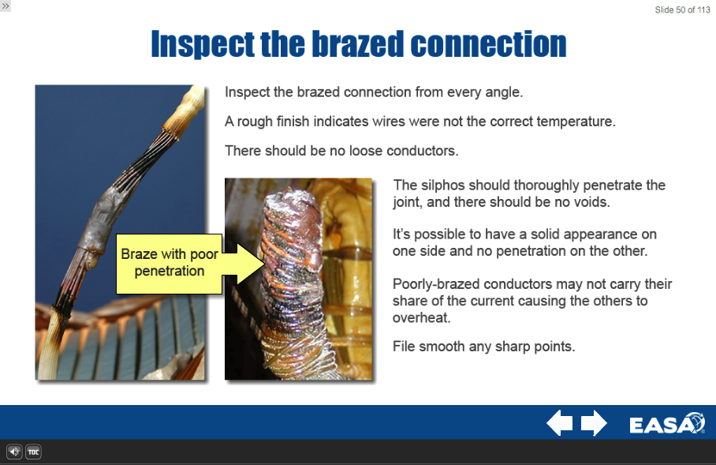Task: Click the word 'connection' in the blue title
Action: click(x=489, y=44)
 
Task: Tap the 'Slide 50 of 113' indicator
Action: click(x=682, y=9)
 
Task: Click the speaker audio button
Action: click(x=14, y=452)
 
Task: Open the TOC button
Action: click(x=33, y=452)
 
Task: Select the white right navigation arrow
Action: click(x=594, y=423)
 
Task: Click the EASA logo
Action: click(x=667, y=423)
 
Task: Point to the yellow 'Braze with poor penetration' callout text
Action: click(x=170, y=262)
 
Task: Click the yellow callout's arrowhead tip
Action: click(x=264, y=264)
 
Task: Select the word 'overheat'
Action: click(x=420, y=318)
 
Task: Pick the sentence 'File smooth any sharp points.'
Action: click(x=483, y=347)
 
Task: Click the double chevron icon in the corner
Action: click(x=6, y=6)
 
